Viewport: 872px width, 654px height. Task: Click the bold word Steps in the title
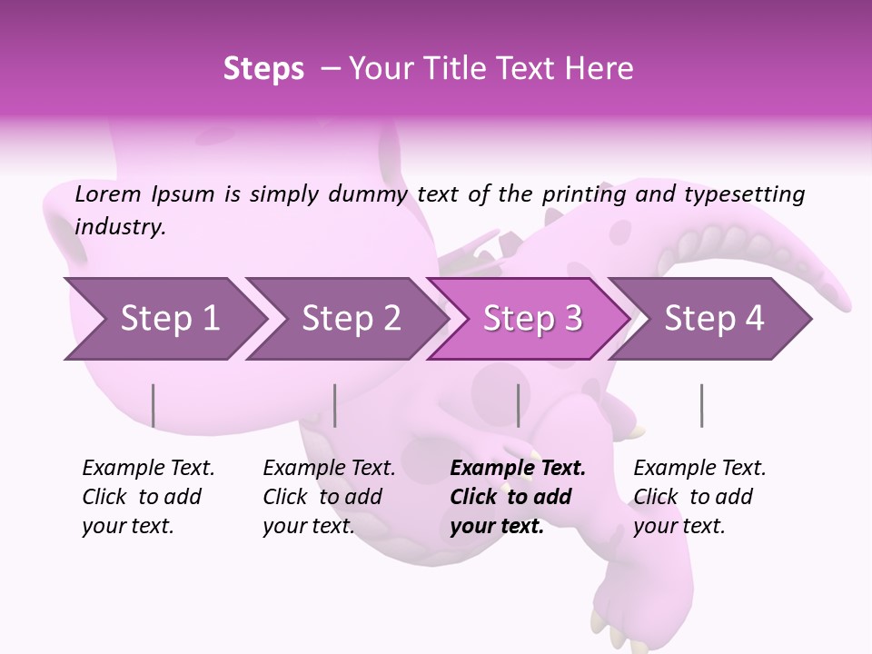click(263, 68)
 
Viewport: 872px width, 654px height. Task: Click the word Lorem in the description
click(108, 193)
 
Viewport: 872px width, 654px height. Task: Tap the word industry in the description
click(120, 226)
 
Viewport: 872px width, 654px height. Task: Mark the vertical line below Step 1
click(154, 405)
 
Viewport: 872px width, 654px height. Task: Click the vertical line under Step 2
click(335, 405)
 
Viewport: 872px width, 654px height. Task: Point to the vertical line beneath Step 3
click(518, 405)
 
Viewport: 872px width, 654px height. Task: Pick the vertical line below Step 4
click(701, 405)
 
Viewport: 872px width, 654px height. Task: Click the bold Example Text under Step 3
click(518, 468)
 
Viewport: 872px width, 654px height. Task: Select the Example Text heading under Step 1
click(148, 468)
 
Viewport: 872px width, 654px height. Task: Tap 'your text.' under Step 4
click(679, 526)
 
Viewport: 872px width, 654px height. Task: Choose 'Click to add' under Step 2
click(322, 497)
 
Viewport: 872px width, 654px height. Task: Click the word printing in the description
click(582, 193)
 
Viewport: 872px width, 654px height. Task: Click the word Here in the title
click(601, 68)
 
